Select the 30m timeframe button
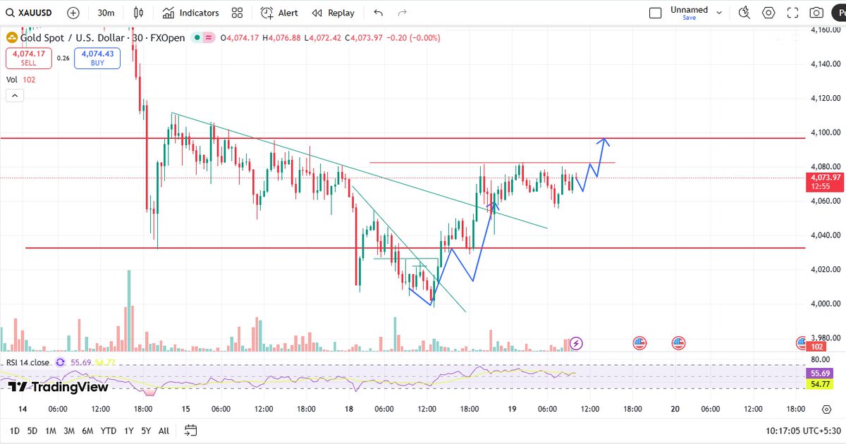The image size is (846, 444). (x=106, y=13)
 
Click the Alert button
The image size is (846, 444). (x=279, y=13)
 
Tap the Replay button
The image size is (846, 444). (x=333, y=13)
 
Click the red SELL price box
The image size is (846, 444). (x=28, y=58)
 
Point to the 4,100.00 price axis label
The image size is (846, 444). (x=824, y=132)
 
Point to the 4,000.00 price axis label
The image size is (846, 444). (x=824, y=304)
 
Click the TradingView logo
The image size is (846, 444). (x=59, y=387)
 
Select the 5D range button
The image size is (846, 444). (x=32, y=431)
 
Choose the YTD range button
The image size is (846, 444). (x=109, y=431)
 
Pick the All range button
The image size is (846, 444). (x=164, y=431)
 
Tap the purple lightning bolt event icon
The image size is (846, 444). (x=577, y=343)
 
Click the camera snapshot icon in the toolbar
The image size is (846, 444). (x=816, y=13)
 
